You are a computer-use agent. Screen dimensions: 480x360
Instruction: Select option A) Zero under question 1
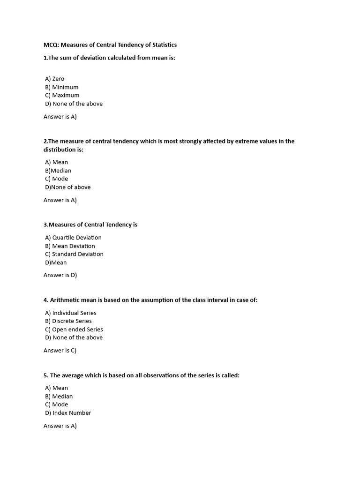55,79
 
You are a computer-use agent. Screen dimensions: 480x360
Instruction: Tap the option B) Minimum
62,87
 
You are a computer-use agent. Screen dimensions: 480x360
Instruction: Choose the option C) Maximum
62,95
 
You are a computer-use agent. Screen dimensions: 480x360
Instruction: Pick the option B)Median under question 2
58,171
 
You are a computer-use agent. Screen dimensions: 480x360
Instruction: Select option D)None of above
68,187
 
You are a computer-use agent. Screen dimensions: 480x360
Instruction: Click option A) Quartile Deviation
73,238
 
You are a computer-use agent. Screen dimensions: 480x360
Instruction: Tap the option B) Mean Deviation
70,246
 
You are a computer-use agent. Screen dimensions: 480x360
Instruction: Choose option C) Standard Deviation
74,254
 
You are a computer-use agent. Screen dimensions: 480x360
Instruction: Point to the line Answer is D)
60,275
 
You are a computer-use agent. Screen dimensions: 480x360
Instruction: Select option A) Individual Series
71,313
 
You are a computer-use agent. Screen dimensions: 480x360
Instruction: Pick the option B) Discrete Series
68,321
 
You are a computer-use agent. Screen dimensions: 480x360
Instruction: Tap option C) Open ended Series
74,330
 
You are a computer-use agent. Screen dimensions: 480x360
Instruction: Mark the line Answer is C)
60,350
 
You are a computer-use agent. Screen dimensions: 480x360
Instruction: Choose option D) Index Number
68,413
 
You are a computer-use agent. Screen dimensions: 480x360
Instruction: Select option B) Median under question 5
59,397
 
